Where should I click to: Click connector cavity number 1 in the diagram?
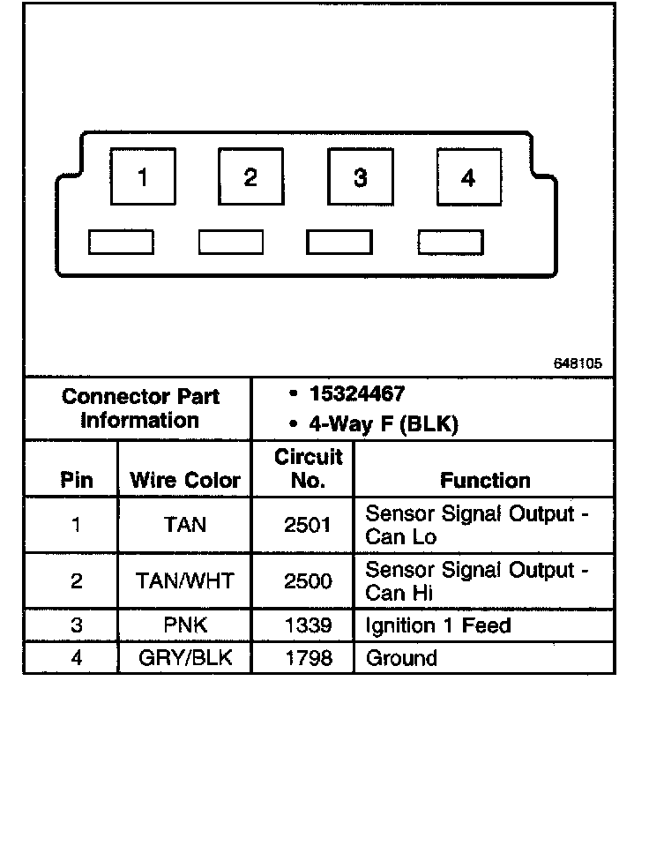143,178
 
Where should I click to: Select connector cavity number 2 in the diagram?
250,178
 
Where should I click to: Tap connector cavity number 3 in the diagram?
360,178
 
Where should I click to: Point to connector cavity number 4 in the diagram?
468,178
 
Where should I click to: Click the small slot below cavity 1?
121,242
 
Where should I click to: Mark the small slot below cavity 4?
451,242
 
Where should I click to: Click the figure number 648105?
579,363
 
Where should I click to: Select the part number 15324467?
357,394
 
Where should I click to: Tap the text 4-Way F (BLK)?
382,424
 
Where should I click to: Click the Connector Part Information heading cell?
140,408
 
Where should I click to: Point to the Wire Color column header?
185,481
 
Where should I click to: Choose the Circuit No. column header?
308,468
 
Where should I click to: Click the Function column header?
485,481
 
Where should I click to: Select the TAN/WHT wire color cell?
185,581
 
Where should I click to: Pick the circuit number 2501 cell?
308,526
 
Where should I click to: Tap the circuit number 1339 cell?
308,626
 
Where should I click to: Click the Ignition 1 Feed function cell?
437,626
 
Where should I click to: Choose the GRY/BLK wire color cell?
185,658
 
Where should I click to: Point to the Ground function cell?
401,658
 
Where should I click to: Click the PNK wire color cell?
185,626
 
